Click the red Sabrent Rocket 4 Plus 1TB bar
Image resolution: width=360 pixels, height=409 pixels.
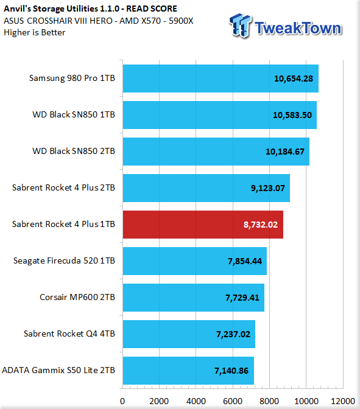pyautogui.click(x=203, y=225)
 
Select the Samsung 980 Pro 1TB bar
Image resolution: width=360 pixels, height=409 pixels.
pyautogui.click(x=221, y=79)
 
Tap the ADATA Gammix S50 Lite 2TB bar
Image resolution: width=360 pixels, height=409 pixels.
pyautogui.click(x=188, y=371)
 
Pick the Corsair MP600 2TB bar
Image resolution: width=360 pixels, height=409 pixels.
pyautogui.click(x=194, y=298)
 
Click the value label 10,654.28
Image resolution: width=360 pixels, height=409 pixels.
pyautogui.click(x=294, y=79)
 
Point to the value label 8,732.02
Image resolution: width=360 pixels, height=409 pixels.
pyautogui.click(x=261, y=225)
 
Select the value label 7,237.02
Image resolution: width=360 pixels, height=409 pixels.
pyautogui.click(x=233, y=334)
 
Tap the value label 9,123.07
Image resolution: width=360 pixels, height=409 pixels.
pyautogui.click(x=268, y=188)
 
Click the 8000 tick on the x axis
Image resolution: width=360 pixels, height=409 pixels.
pyautogui.click(x=269, y=401)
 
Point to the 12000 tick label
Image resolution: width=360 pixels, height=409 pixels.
pyautogui.click(x=343, y=401)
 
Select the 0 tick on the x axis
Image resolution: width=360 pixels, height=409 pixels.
pyautogui.click(x=122, y=401)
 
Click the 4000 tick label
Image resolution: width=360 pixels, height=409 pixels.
pyautogui.click(x=196, y=401)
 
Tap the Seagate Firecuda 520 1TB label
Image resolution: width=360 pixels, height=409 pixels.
pyautogui.click(x=64, y=260)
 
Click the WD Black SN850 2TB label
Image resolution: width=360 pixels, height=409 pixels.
pyautogui.click(x=74, y=151)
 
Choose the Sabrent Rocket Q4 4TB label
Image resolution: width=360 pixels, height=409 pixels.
pyautogui.click(x=69, y=334)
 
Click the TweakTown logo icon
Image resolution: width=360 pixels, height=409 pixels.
pyautogui.click(x=241, y=26)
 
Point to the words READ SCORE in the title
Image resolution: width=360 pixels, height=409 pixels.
pyautogui.click(x=152, y=9)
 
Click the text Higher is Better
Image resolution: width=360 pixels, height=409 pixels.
pyautogui.click(x=35, y=33)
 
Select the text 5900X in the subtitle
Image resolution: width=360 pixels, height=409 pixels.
pyautogui.click(x=181, y=21)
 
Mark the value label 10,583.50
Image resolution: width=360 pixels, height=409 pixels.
pyautogui.click(x=292, y=115)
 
